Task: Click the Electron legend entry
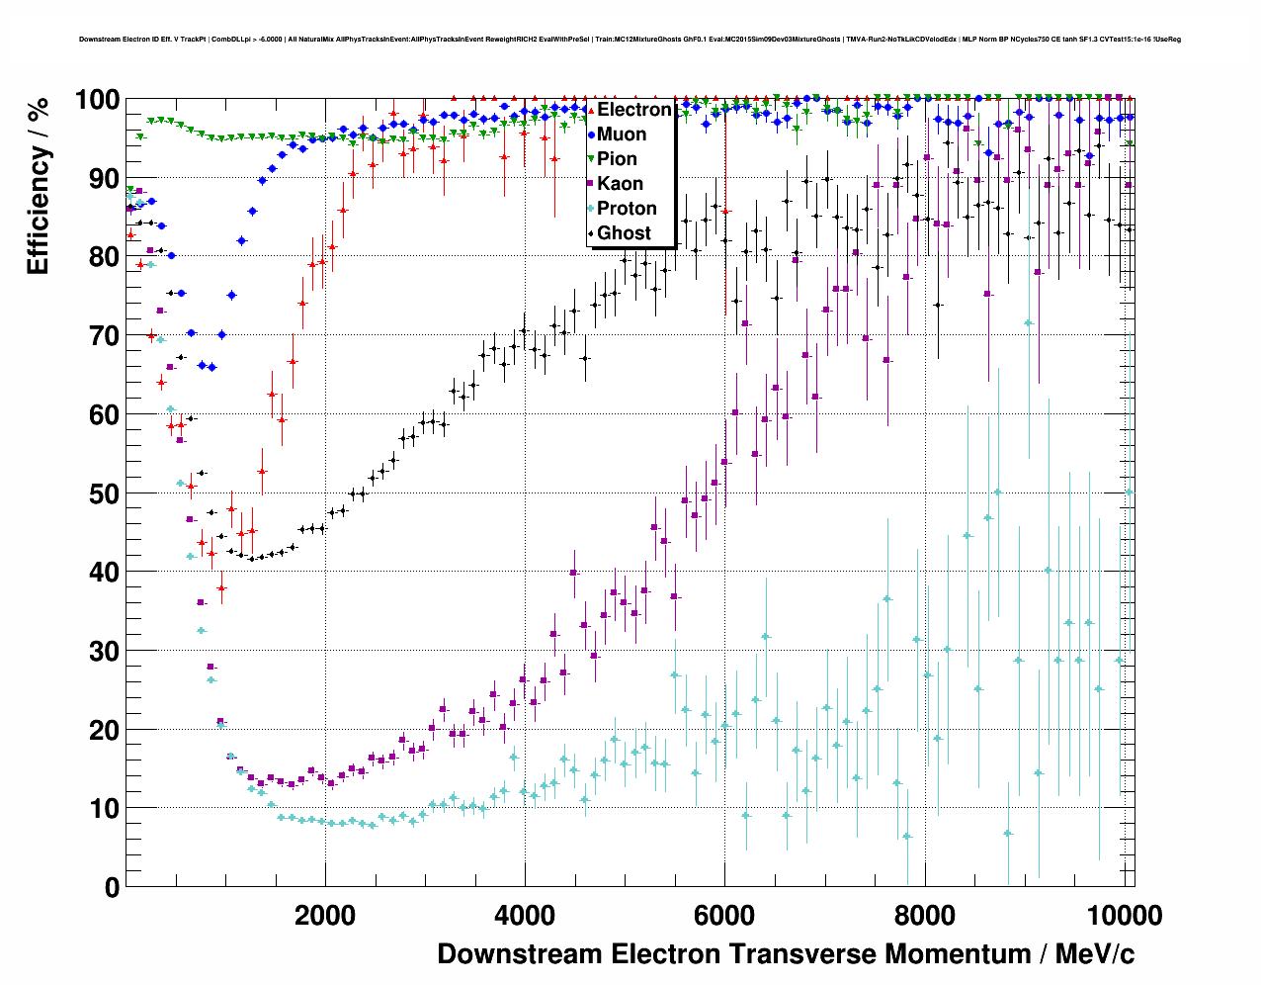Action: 633,110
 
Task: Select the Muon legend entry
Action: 622,134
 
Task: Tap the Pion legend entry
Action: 617,159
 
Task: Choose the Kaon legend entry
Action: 620,184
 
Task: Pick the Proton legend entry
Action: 627,209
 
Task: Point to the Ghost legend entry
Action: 624,233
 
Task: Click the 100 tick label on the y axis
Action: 98,100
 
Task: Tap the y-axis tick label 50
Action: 105,493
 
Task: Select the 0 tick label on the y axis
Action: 112,887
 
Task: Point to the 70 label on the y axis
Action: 105,336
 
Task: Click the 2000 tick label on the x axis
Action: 325,916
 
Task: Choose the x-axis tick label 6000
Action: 724,916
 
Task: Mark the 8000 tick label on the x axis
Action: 924,916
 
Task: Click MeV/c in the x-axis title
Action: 1095,954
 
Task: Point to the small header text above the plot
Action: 630,40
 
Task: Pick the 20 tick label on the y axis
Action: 105,730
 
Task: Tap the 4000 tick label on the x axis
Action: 525,916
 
